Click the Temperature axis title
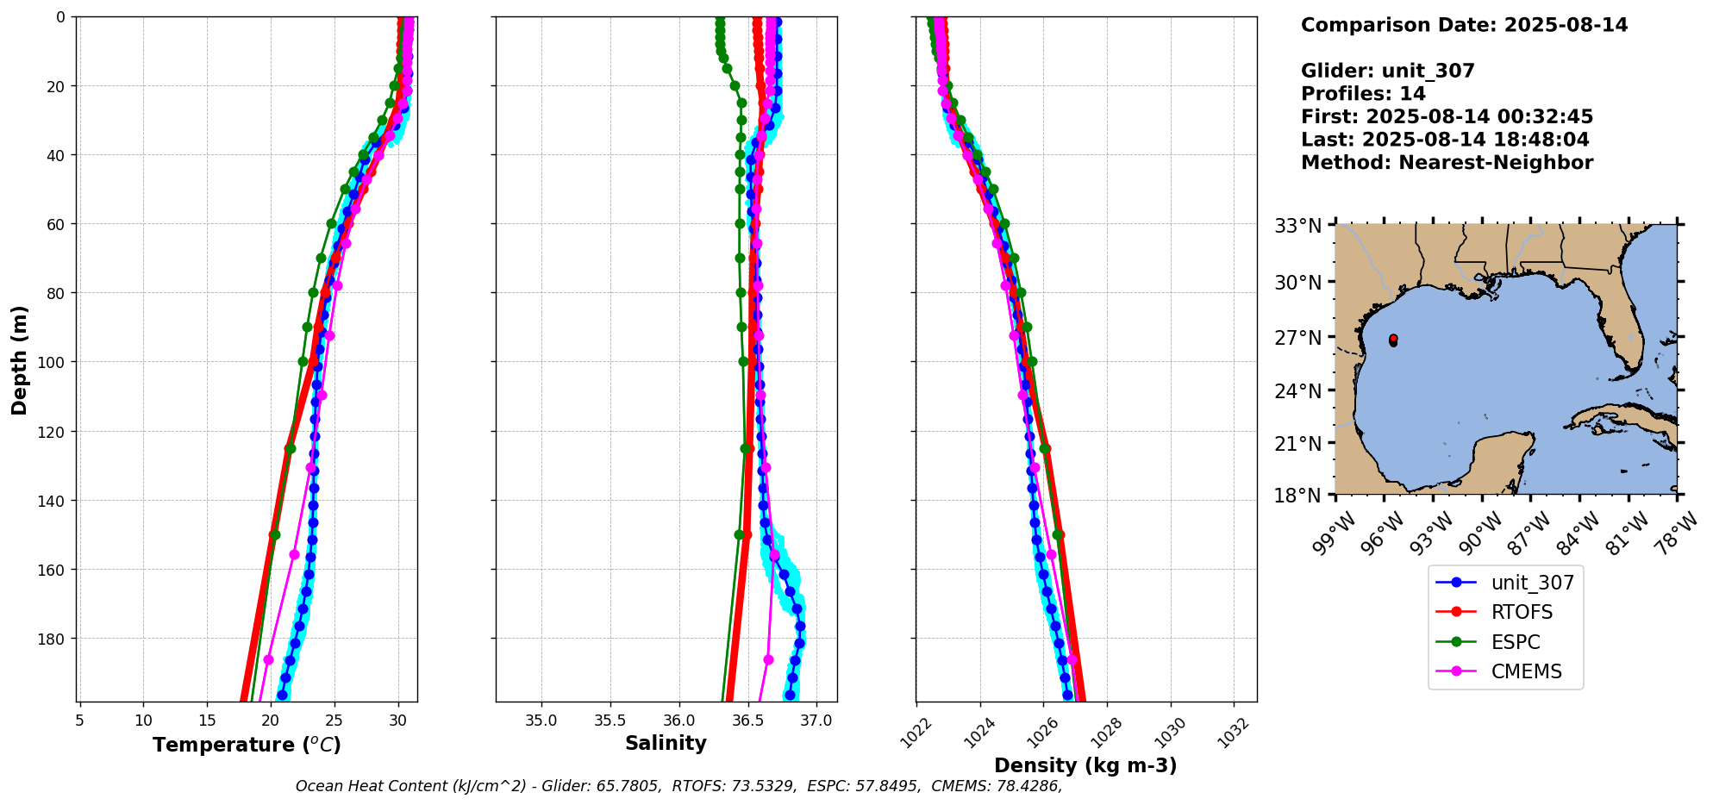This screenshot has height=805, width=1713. coord(247,745)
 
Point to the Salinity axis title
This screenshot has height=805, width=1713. coord(666,743)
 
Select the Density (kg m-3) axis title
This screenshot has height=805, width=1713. coord(1085,765)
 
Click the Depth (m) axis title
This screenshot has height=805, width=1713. coord(20,359)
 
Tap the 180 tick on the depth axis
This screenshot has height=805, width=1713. coord(60,639)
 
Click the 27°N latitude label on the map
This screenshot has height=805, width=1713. coord(1298,338)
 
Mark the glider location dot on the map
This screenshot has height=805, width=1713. coord(1393,340)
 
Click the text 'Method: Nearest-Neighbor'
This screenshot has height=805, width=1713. coord(1447,163)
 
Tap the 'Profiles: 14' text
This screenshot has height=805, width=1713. coord(1363,94)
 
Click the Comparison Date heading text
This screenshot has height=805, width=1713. coord(1464,25)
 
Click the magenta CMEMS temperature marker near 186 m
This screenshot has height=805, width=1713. coord(268,659)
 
